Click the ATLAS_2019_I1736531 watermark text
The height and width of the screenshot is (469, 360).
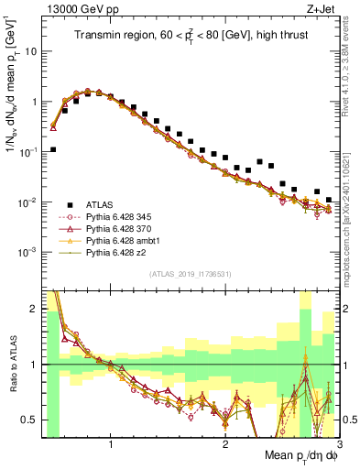pos(191,273)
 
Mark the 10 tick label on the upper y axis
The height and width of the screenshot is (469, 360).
pos(28,51)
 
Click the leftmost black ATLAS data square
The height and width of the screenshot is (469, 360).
pos(53,149)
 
